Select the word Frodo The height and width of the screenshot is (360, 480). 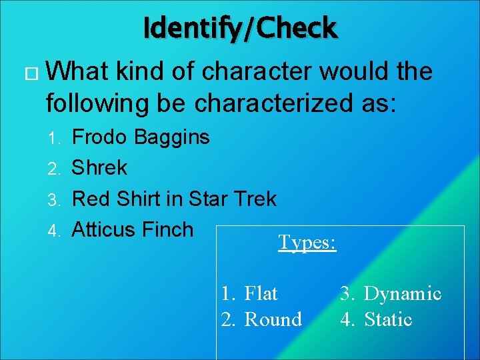(100, 137)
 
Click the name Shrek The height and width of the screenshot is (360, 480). (99, 167)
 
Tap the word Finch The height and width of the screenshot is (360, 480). (168, 229)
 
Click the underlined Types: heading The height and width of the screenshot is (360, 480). (307, 242)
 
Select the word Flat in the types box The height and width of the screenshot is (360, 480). (261, 293)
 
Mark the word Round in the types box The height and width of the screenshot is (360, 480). (273, 319)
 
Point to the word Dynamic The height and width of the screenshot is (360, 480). (402, 294)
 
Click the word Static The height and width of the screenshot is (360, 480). (388, 319)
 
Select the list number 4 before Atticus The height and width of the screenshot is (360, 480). (57, 231)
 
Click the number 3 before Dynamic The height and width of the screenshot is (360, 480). (347, 294)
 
